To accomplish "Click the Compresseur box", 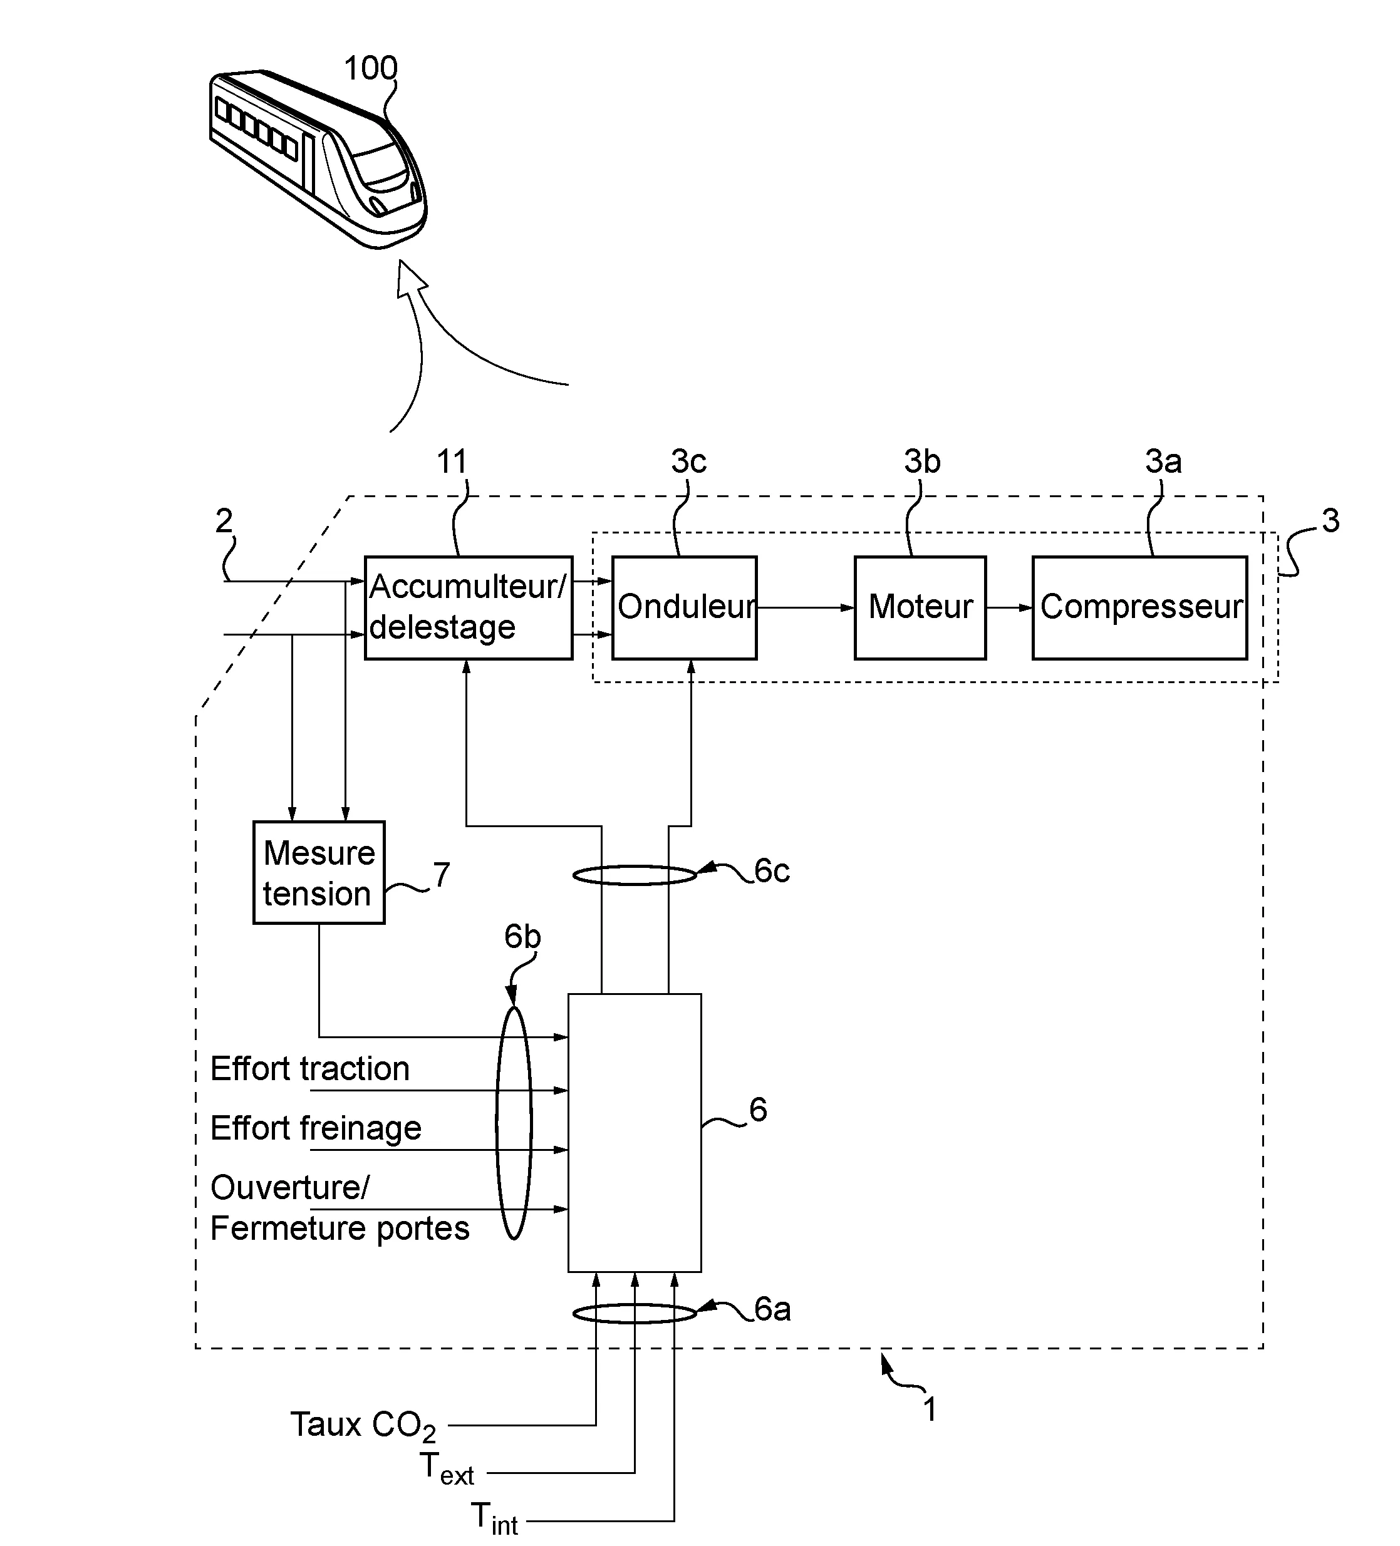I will pos(1139,607).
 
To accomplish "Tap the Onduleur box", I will pos(684,607).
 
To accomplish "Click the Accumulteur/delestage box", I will pos(468,607).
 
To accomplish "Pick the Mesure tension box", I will pos(318,873).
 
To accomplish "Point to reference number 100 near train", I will pos(371,69).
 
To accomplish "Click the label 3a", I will pos(1163,461).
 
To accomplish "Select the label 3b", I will pos(921,461).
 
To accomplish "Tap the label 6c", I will pos(772,871).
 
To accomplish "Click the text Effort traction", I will pos(310,1069).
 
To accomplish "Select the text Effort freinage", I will pos(315,1128).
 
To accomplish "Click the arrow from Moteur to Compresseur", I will pos(1009,608).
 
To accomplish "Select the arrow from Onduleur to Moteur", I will pos(806,608).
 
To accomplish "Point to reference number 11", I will pos(452,461).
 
